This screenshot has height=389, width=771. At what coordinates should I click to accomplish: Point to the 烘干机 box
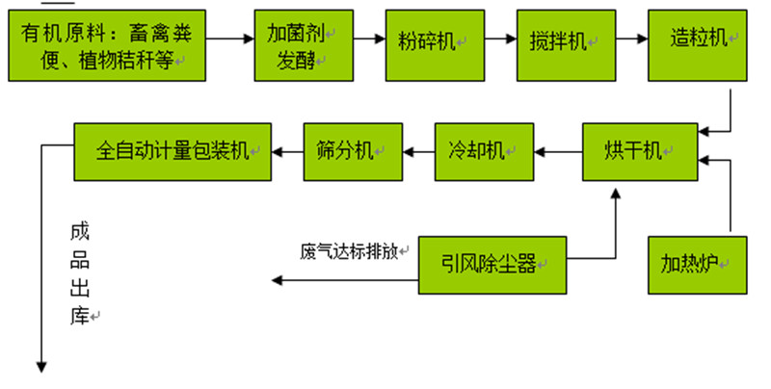(638, 150)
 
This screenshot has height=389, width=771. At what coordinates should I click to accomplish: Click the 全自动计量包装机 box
(173, 150)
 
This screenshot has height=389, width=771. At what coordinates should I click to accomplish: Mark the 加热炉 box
(697, 263)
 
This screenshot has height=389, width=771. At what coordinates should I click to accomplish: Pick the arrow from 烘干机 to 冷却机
(558, 150)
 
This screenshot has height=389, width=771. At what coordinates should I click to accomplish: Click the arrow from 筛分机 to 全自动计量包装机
(286, 150)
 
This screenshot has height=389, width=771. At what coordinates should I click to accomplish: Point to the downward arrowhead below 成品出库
(41, 366)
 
